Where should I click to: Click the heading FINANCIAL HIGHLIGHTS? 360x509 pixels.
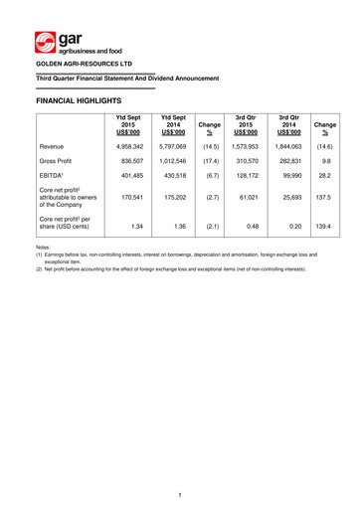(x=79, y=101)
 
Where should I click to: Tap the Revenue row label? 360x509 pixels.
(x=57, y=146)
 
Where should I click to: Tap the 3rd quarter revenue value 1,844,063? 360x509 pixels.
(x=281, y=146)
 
